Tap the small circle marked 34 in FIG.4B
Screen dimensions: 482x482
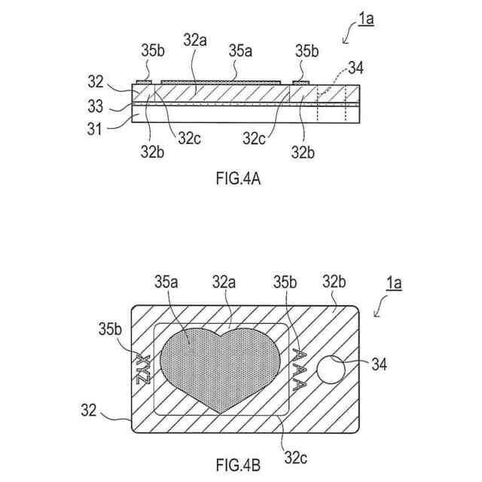(330, 370)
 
